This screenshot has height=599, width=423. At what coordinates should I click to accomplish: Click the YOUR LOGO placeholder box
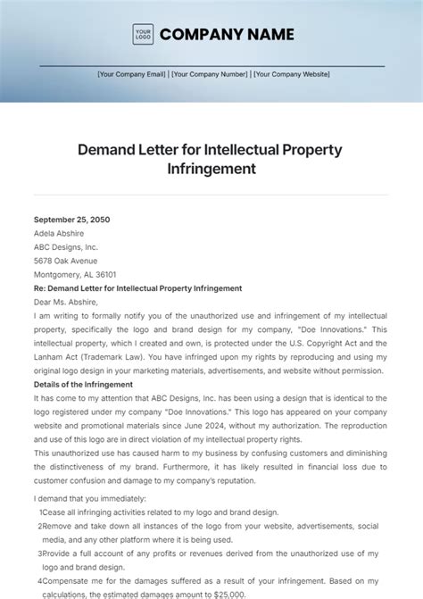[143, 35]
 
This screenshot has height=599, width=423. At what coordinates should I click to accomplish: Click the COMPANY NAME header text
[227, 35]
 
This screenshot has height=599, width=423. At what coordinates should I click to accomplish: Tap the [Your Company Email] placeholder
[132, 75]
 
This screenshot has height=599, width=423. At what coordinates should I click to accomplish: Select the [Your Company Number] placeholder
[211, 75]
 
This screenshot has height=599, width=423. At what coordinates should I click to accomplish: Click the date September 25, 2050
[72, 220]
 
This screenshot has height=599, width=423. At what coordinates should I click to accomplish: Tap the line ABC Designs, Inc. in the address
[66, 247]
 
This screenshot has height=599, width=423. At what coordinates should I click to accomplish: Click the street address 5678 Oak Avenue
[66, 261]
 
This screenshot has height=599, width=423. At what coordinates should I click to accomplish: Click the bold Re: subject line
[137, 288]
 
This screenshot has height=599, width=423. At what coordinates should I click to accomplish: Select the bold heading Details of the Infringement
[83, 385]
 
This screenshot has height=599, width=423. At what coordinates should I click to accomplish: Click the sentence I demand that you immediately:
[89, 498]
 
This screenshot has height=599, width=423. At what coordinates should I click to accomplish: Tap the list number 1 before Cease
[40, 512]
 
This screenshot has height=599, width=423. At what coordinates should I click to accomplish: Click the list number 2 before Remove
[41, 527]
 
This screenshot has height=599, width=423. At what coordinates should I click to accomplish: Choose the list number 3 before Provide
[41, 553]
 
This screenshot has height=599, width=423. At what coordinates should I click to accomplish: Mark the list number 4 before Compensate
[41, 581]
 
